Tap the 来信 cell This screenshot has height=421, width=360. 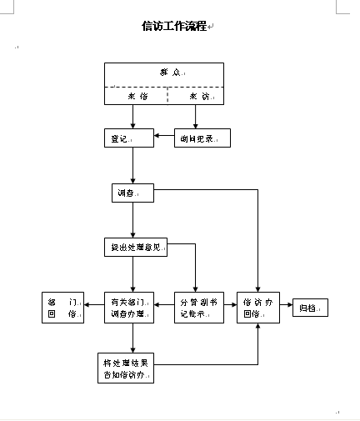(137, 96)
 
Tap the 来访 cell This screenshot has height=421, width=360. (197, 96)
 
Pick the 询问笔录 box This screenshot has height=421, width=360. (201, 138)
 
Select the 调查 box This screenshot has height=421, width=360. (132, 193)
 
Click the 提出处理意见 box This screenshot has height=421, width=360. (133, 248)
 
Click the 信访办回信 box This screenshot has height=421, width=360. (259, 308)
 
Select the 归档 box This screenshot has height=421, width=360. (309, 308)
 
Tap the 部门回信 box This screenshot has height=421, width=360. (62, 308)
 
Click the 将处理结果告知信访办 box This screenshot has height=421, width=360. (127, 367)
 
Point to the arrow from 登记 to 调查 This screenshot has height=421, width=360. (132, 166)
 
